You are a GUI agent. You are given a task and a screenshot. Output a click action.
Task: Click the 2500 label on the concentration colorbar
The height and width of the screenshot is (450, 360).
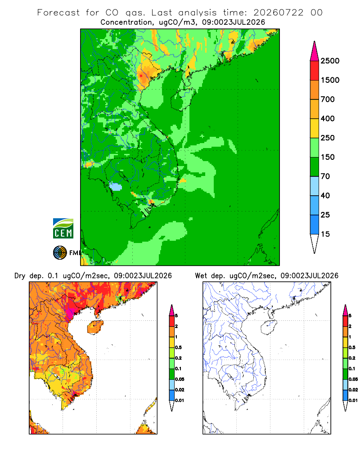pyautogui.click(x=330, y=61)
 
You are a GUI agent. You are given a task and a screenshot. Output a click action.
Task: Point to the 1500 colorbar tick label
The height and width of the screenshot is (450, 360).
pyautogui.click(x=330, y=80)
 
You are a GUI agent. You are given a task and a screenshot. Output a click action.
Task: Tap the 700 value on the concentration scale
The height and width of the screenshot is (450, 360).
pyautogui.click(x=328, y=99)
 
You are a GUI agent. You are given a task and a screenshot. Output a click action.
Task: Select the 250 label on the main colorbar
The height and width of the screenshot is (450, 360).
pyautogui.click(x=328, y=138)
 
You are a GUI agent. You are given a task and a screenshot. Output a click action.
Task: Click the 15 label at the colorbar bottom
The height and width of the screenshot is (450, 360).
pyautogui.click(x=325, y=234)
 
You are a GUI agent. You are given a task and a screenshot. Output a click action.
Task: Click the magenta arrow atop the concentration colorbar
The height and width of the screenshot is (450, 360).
pyautogui.click(x=315, y=52)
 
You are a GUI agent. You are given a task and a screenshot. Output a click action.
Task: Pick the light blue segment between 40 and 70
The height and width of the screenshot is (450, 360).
pyautogui.click(x=315, y=186)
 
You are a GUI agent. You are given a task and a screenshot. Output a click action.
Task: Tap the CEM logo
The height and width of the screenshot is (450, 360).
pyautogui.click(x=63, y=229)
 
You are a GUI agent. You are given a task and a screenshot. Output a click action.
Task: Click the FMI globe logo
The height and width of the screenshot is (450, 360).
pyautogui.click(x=60, y=253)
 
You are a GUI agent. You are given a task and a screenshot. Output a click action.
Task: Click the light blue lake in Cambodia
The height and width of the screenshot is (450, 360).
pyautogui.click(x=116, y=187)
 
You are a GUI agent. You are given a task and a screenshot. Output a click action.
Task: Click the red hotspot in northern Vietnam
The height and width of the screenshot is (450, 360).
pyautogui.click(x=141, y=76)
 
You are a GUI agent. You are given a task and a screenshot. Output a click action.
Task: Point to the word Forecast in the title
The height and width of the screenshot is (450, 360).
pyautogui.click(x=58, y=13)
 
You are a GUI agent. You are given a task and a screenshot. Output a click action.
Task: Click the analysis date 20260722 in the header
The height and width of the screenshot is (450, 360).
pyautogui.click(x=278, y=13)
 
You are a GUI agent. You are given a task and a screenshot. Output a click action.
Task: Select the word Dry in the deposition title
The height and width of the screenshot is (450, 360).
pyautogui.click(x=20, y=276)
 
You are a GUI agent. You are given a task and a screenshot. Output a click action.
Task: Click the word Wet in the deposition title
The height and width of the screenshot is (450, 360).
pyautogui.click(x=201, y=276)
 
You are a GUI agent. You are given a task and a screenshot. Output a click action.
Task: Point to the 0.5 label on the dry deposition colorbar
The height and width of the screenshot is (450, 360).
pyautogui.click(x=178, y=347)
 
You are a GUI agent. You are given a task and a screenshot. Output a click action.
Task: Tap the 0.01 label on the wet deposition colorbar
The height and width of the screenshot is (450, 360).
pyautogui.click(x=353, y=400)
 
